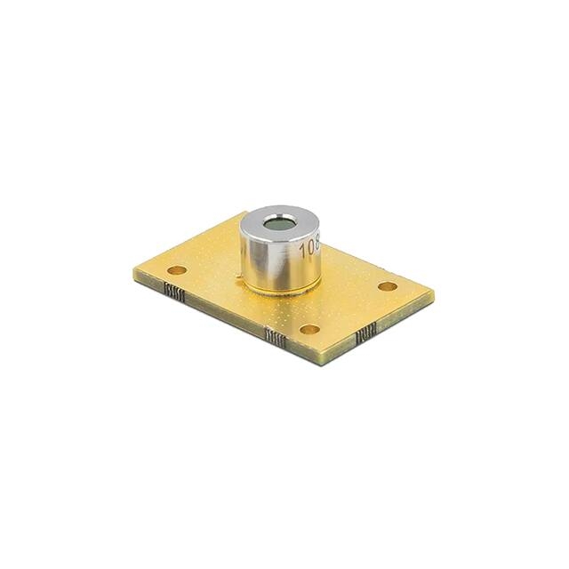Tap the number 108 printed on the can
tap(309, 247)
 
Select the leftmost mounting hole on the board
tap(177, 269)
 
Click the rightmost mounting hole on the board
tap(388, 286)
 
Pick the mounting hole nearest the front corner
tap(309, 329)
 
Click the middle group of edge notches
tap(276, 336)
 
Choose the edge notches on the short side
tap(365, 336)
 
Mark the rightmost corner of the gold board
tap(434, 292)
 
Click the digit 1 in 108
tap(301, 252)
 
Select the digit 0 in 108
tap(309, 247)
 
